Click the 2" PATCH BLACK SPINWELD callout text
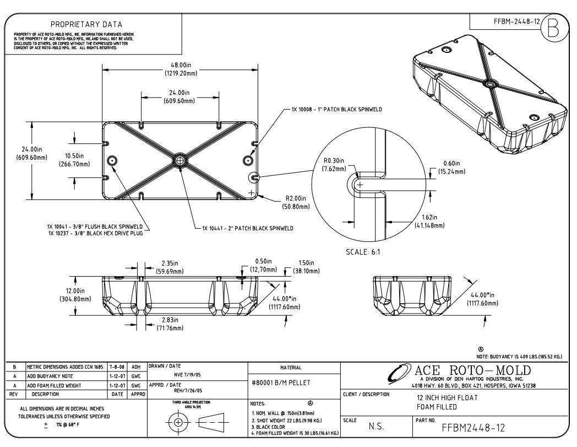pos(247,228)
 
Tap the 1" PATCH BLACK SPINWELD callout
pos(337,110)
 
